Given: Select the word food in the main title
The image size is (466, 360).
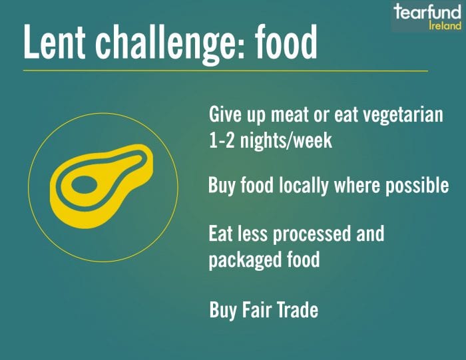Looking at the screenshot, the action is point(286,41).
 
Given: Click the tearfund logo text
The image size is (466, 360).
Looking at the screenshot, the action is point(427,12).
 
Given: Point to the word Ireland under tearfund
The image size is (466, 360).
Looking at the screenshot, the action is point(445,25).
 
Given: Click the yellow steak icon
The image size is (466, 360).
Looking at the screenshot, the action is point(101,186).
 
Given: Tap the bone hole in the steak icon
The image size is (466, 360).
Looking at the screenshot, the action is point(85,185).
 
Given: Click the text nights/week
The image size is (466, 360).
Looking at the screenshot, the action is point(286,141).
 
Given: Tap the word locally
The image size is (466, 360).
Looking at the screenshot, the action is point(304,186).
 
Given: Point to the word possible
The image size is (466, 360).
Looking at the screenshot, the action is point(417,186).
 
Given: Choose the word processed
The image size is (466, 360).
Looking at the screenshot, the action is point(312,235).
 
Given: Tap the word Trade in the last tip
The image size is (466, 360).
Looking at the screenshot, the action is point(298,310).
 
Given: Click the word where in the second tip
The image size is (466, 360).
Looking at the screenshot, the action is point(357,186).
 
